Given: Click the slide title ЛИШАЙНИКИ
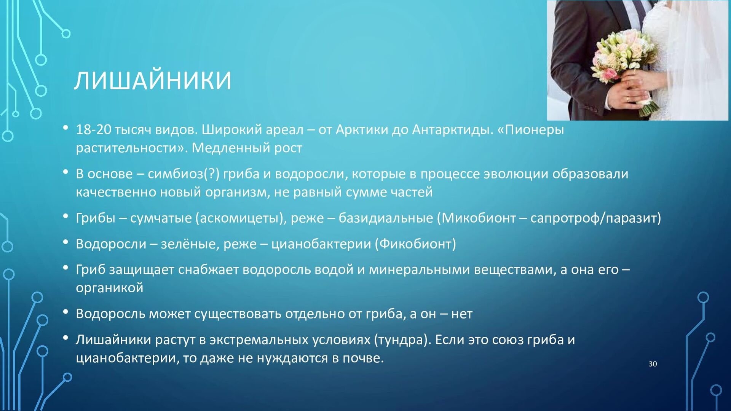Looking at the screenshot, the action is click(x=153, y=80).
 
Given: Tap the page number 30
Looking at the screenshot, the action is click(x=653, y=364).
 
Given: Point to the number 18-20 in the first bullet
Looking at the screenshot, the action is click(x=93, y=130).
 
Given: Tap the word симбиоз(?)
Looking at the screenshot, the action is click(x=184, y=174).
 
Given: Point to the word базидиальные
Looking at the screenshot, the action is click(x=386, y=218).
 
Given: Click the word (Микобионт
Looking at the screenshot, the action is click(x=476, y=218).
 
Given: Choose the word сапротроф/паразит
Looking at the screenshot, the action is click(x=596, y=218).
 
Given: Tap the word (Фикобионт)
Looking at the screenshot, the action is click(x=415, y=244).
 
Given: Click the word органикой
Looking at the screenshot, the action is click(x=110, y=288).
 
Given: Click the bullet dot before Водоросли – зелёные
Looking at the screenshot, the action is click(x=66, y=242).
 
